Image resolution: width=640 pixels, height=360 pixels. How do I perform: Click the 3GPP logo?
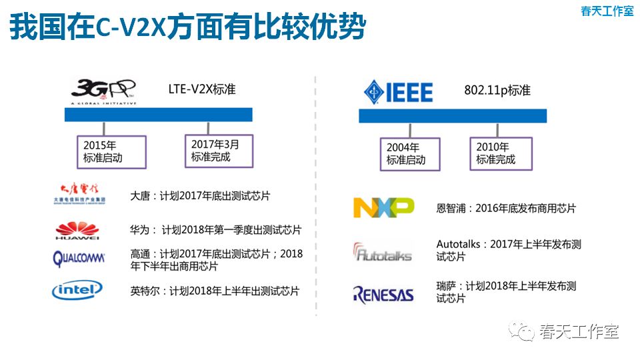[103, 91]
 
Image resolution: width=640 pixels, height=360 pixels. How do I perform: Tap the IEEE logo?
[398, 91]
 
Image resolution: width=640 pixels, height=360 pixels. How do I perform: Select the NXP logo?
[383, 208]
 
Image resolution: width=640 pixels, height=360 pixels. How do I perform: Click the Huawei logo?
[77, 230]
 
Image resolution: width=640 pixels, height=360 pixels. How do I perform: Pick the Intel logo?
[77, 290]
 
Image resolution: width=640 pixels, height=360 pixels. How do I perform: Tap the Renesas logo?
[383, 293]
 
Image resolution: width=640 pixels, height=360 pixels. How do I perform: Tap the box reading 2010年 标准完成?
[501, 153]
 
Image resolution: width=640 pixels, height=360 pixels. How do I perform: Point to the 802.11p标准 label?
[497, 90]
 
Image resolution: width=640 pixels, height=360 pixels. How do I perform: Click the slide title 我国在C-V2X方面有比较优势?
[188, 27]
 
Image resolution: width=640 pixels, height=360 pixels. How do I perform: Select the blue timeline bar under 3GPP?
[158, 114]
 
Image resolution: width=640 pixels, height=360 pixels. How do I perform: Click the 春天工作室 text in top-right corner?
[607, 11]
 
